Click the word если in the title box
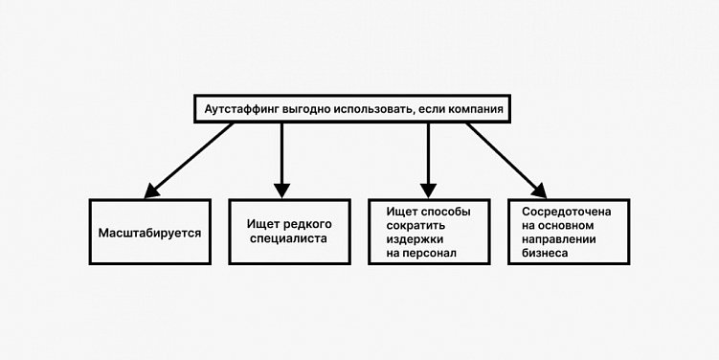click(428, 110)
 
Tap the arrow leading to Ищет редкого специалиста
click(281, 158)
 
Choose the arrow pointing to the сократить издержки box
click(428, 158)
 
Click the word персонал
click(429, 254)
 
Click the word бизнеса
click(545, 254)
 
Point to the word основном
click(569, 223)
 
